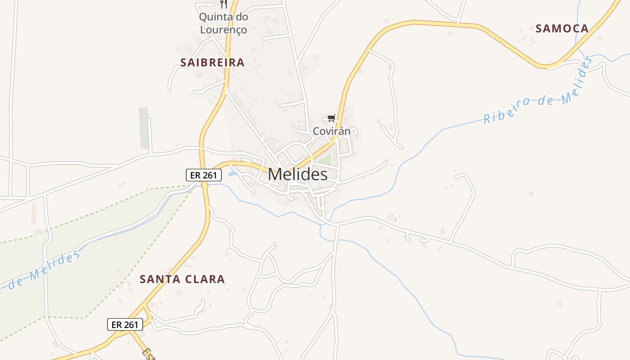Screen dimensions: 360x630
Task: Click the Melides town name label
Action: [297, 175]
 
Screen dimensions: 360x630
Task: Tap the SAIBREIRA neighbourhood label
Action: [212, 63]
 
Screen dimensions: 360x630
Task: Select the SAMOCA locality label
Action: [562, 29]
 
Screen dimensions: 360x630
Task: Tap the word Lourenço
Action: [224, 30]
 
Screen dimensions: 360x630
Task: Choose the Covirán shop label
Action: [332, 131]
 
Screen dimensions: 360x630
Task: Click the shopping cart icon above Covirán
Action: [332, 118]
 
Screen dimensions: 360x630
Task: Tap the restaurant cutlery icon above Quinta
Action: [224, 4]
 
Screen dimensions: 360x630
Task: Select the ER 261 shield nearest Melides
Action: [204, 175]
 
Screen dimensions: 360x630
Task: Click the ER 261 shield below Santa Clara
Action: [125, 324]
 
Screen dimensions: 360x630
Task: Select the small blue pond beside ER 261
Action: [232, 173]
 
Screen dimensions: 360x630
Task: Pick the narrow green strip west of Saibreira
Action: [144, 128]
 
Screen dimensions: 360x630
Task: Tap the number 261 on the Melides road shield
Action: [210, 175]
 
